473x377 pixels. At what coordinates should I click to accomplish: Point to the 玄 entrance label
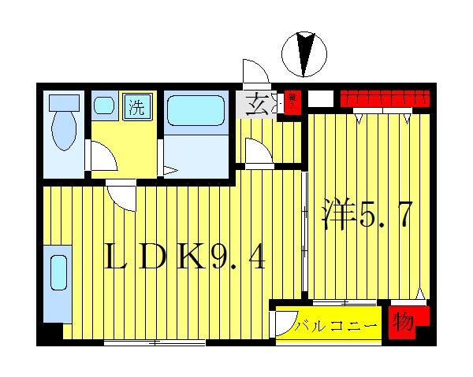[255, 103]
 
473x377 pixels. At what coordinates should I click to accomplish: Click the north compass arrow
[304, 54]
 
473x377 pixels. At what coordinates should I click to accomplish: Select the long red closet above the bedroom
[385, 98]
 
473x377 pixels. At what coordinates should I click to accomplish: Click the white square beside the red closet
[321, 100]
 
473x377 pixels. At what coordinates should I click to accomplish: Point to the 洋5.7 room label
[365, 215]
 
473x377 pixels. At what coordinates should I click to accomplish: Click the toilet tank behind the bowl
[63, 102]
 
